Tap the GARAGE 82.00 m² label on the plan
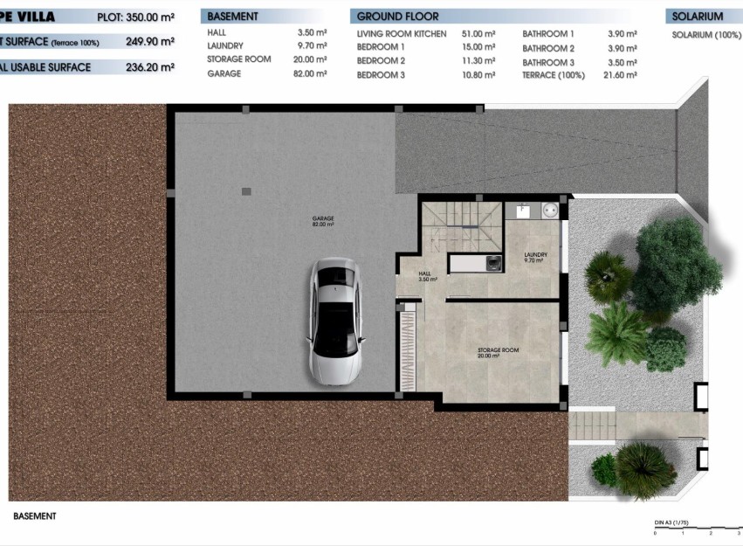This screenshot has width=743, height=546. click(324, 221)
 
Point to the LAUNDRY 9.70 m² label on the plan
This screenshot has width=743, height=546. click(535, 258)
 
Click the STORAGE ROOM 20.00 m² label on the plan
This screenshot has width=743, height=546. click(498, 353)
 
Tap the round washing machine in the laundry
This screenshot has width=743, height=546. click(550, 210)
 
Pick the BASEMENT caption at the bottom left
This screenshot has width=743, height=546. click(35, 516)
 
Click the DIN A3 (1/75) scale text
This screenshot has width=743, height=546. click(671, 522)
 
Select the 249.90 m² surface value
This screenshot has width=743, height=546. click(149, 42)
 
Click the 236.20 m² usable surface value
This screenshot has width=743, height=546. click(149, 67)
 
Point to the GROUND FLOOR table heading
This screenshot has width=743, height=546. click(398, 17)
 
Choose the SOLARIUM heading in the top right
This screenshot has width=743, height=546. click(698, 17)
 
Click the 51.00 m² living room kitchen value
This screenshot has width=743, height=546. click(478, 33)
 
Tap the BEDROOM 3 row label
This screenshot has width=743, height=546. click(381, 76)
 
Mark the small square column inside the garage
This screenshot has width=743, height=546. click(247, 190)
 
